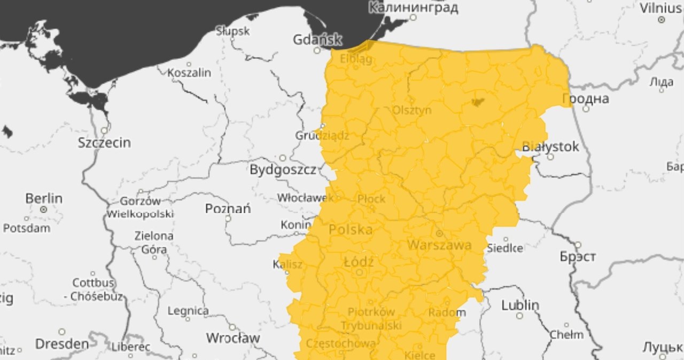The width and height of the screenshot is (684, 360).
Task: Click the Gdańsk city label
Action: [317, 40]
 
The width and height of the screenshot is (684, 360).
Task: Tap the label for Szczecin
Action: [104, 143]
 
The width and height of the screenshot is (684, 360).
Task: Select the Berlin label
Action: [44, 198]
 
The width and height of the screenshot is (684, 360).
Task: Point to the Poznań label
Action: [228, 208]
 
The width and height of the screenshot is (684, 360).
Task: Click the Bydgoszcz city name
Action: [283, 170]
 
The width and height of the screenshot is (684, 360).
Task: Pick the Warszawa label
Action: [439, 245]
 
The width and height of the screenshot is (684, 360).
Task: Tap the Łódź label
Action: [359, 262]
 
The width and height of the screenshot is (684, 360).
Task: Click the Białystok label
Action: [550, 146]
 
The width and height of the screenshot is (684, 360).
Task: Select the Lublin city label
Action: [520, 305]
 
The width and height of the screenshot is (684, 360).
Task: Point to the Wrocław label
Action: [233, 338]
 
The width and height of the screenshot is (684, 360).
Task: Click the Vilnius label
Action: [662, 7]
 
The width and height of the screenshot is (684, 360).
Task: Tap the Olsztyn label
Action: [411, 110]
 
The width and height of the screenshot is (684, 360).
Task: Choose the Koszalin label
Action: [189, 73]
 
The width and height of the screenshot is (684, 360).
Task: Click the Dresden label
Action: [62, 343]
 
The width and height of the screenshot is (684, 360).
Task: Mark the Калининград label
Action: [414, 7]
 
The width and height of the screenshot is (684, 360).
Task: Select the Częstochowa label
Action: [340, 344]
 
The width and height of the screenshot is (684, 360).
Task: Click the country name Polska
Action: [351, 230]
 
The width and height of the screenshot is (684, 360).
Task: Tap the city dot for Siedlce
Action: [506, 239]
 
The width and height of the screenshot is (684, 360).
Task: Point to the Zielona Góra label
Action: [153, 242]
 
